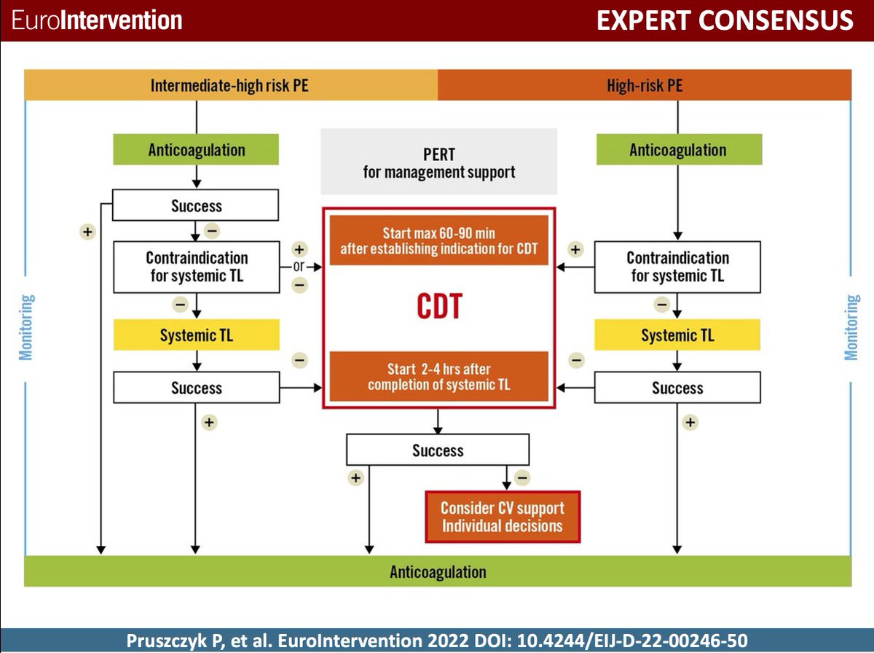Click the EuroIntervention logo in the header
pyautogui.click(x=97, y=20)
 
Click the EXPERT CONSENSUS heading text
pyautogui.click(x=724, y=20)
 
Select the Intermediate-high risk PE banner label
pyautogui.click(x=229, y=85)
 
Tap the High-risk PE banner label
pyautogui.click(x=645, y=85)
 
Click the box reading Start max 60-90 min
pyautogui.click(x=438, y=241)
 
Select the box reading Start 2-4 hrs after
pyautogui.click(x=438, y=376)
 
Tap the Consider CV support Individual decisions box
pyautogui.click(x=503, y=517)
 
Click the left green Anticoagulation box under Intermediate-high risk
pyautogui.click(x=197, y=150)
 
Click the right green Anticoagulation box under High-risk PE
pyautogui.click(x=678, y=150)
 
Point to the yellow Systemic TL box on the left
pyautogui.click(x=197, y=335)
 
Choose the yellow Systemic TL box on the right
pyautogui.click(x=677, y=335)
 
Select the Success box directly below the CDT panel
pyautogui.click(x=438, y=450)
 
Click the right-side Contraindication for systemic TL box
pyautogui.click(x=677, y=267)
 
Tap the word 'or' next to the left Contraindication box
pyautogui.click(x=299, y=267)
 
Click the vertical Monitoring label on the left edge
pyautogui.click(x=26, y=327)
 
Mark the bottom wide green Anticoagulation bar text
pyautogui.click(x=438, y=571)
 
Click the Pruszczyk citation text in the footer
pyautogui.click(x=437, y=640)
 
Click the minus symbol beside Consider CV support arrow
pyautogui.click(x=522, y=478)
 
